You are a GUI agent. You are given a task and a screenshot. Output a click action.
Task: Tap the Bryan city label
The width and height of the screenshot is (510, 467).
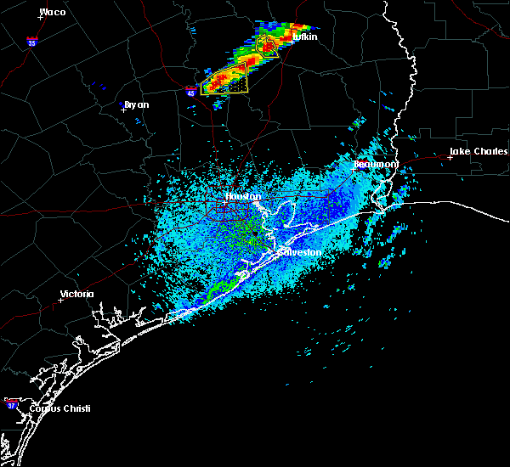pos(136,104)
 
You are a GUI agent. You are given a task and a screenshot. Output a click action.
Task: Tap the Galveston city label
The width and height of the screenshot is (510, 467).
pos(297,252)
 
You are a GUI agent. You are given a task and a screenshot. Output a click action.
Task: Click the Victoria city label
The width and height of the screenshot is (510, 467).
pos(76,295)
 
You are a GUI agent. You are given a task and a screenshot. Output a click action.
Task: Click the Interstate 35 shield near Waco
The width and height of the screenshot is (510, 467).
pos(32,41)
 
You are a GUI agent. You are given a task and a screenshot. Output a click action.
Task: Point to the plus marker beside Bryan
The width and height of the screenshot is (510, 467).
pos(123,109)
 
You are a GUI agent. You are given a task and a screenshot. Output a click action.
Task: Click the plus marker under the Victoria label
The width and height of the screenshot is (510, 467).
pos(61,301)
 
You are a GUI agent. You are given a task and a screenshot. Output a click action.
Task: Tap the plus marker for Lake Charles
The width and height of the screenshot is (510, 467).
pos(450,157)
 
